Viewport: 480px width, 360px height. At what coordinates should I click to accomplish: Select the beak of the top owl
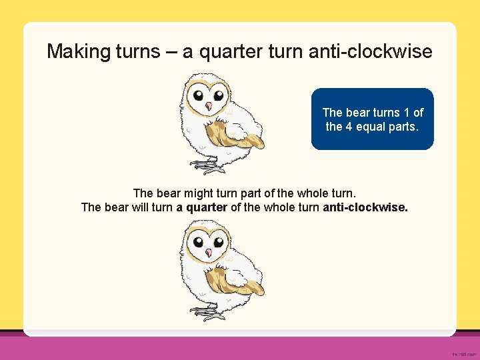point(209,107)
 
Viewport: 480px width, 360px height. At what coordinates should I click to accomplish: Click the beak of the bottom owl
point(209,253)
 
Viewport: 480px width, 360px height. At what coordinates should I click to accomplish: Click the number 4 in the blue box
point(347,126)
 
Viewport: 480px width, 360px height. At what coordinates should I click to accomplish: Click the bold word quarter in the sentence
point(207,207)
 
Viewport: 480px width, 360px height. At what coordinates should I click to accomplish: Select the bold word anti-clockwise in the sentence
point(365,207)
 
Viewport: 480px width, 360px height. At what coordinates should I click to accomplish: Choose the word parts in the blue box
point(405,126)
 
